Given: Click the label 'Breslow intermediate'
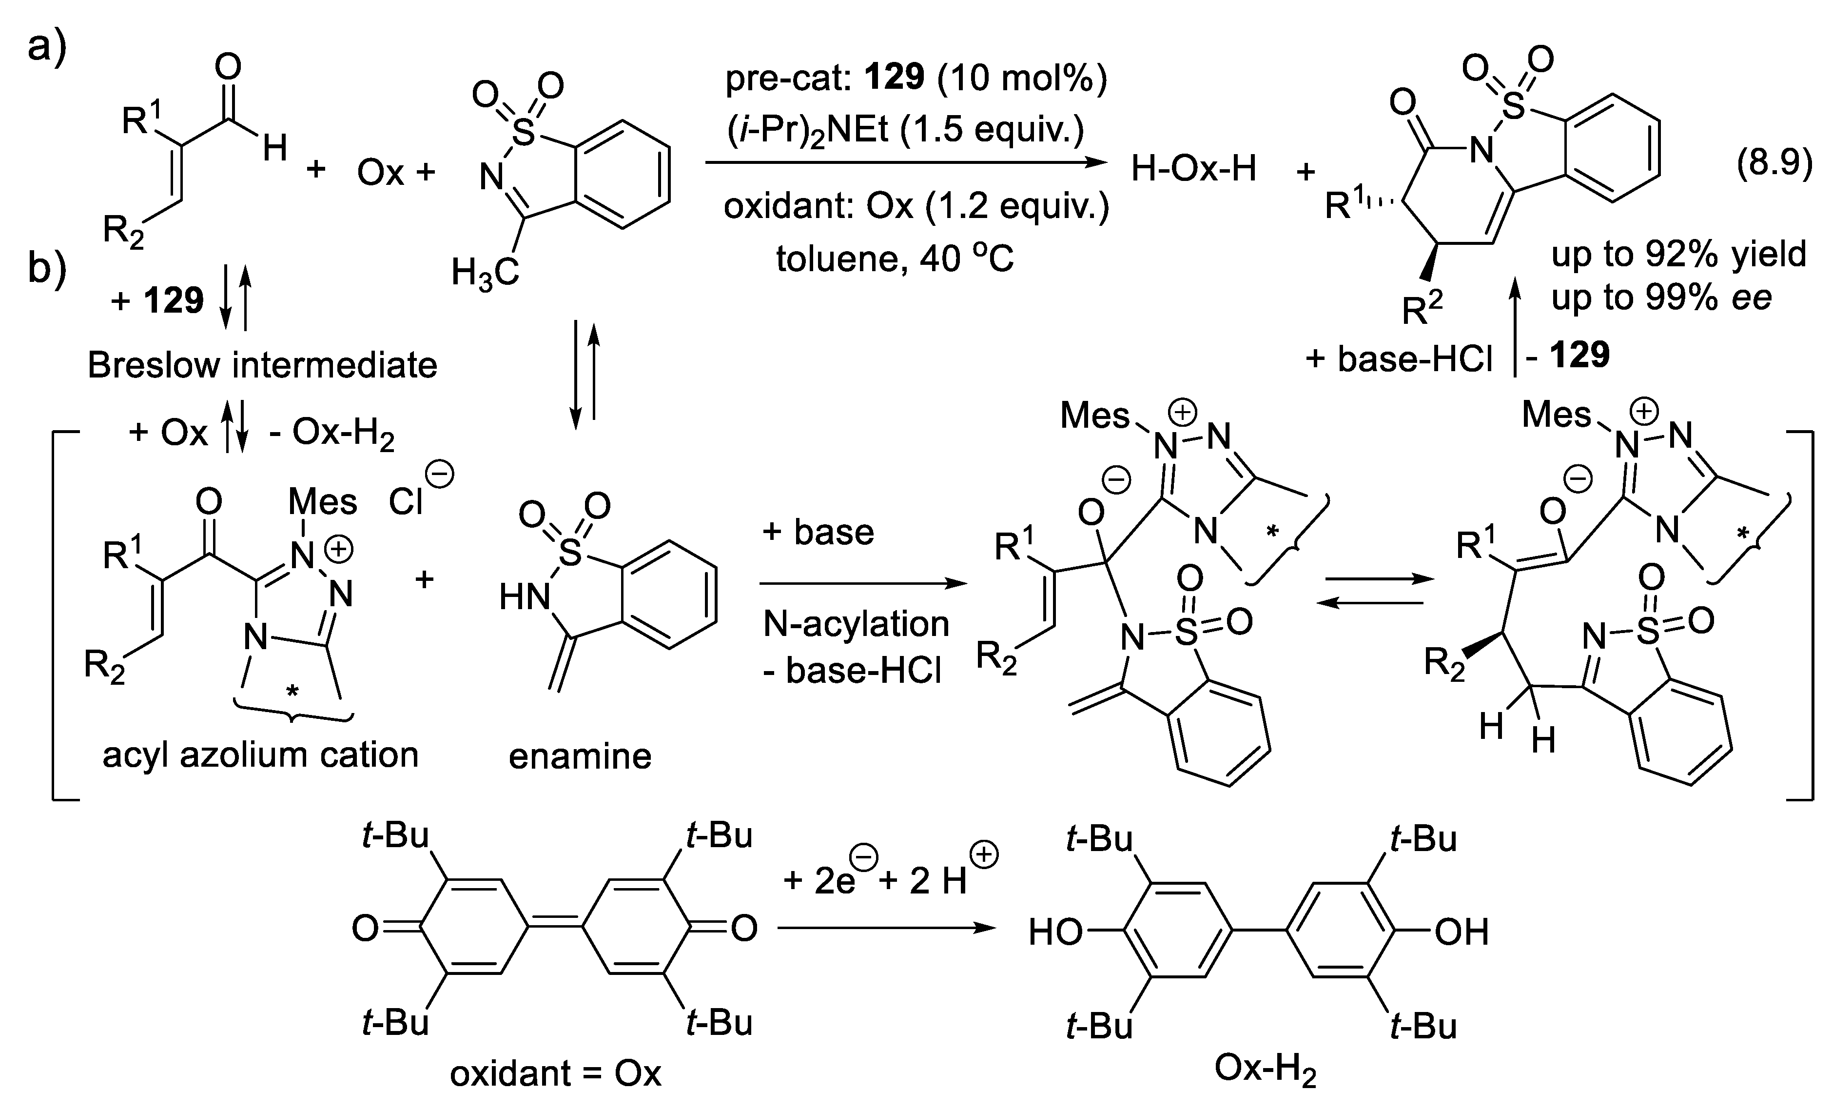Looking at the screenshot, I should tap(262, 365).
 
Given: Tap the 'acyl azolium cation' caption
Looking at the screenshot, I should tap(260, 755).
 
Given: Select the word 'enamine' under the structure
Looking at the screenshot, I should tap(580, 756).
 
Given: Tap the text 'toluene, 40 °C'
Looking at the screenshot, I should tap(895, 259).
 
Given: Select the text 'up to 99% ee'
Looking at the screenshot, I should tap(1662, 298).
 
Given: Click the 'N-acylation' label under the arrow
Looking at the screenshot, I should tap(856, 623).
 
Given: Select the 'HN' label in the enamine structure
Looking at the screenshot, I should tap(524, 595).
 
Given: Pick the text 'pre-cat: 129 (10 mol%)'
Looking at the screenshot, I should tap(916, 78).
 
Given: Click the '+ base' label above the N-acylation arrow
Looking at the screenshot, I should tap(818, 533).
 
